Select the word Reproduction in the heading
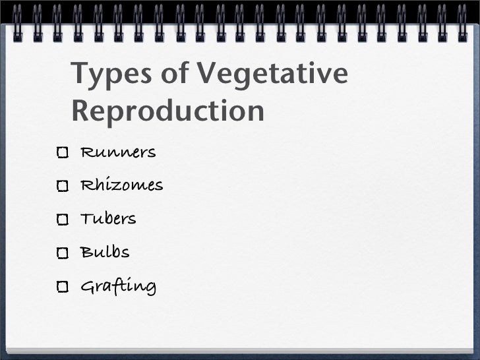click(168, 110)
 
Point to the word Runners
click(118, 153)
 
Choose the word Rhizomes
click(121, 185)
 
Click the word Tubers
click(108, 218)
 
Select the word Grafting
click(118, 287)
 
